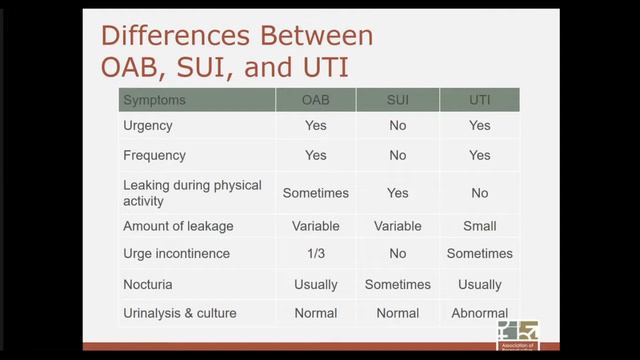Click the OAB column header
click(x=315, y=100)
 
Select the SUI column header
click(x=397, y=100)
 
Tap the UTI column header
click(x=479, y=100)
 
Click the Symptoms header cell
click(x=154, y=100)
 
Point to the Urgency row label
click(x=148, y=126)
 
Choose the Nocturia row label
click(x=148, y=284)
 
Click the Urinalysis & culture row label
click(x=180, y=313)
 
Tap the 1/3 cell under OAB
click(x=315, y=254)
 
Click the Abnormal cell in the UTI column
click(x=479, y=313)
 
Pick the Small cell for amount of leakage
click(x=479, y=226)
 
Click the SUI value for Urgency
click(x=397, y=126)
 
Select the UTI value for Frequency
click(x=479, y=155)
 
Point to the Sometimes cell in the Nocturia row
click(x=397, y=284)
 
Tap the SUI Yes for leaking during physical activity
click(x=397, y=192)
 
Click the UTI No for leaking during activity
click(x=479, y=192)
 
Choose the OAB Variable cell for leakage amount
click(x=315, y=226)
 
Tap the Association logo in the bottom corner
click(x=517, y=334)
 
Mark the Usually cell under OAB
click(x=315, y=284)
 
